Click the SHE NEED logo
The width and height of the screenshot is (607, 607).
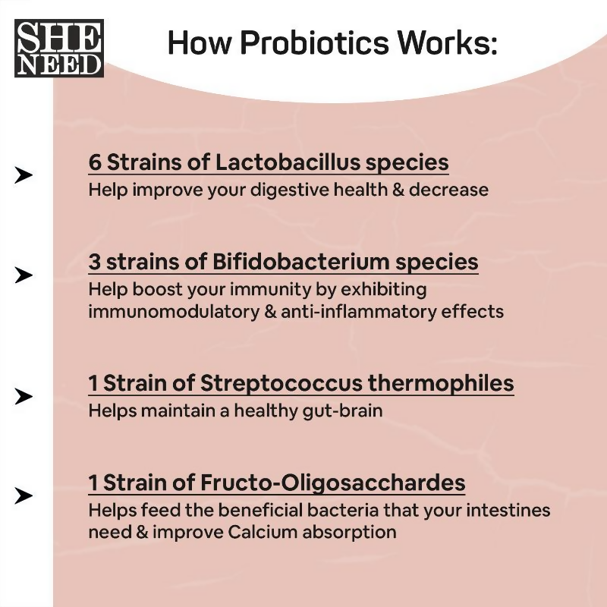point(59,48)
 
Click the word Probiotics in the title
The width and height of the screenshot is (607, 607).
point(314,42)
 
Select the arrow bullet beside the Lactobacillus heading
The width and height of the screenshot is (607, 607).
point(24,175)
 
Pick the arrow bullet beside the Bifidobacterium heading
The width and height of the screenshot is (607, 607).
point(24,275)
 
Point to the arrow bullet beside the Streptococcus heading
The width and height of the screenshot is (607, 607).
point(24,396)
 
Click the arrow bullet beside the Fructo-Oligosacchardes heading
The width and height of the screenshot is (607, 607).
point(24,496)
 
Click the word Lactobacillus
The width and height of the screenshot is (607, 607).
point(288,162)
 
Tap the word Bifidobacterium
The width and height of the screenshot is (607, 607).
point(300,261)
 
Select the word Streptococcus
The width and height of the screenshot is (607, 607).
point(281,383)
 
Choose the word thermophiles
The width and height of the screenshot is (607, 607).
point(441,383)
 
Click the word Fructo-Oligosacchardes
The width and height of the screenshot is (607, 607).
point(332,483)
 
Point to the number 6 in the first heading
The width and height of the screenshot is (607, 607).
point(95,162)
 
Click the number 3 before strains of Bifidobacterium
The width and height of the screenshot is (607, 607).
point(94,262)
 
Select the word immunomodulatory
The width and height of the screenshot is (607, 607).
point(174,312)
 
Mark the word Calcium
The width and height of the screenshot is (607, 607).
point(262,532)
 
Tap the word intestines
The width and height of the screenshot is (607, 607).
point(508,510)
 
